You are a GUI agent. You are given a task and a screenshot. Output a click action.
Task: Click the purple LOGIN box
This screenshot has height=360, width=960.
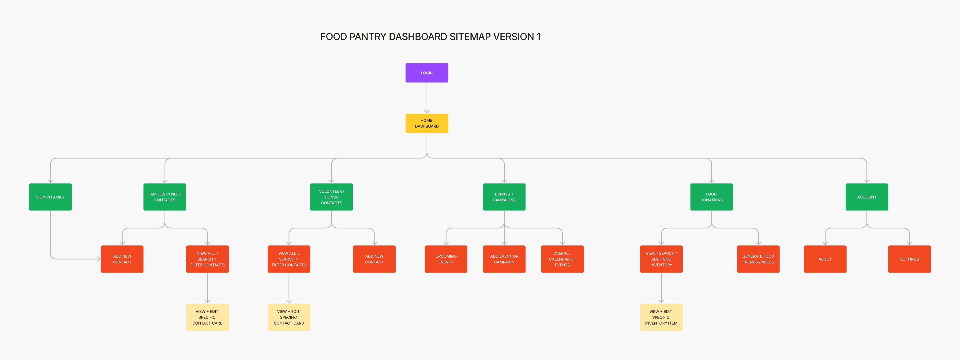pos(427,73)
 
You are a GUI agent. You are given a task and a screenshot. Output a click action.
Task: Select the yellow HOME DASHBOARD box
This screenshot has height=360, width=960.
pos(427,123)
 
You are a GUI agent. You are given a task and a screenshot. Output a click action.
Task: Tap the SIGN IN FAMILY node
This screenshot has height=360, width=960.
pos(50,197)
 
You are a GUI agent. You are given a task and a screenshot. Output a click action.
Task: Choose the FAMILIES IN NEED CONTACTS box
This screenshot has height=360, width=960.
pos(165,197)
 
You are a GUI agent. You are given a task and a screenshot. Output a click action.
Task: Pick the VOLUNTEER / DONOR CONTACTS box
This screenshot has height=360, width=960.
pos(332,197)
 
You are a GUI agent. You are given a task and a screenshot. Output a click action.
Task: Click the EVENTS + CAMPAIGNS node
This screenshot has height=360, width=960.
pos(504,197)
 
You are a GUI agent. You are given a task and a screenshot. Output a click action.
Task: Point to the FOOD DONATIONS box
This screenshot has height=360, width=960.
pos(711,197)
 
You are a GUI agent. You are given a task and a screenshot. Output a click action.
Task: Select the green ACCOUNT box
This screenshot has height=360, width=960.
pos(867,197)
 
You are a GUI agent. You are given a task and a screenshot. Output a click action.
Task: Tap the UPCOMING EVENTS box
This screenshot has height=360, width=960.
pos(446,259)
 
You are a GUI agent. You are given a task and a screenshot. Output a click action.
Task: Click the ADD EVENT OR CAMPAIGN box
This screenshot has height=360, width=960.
pos(504,259)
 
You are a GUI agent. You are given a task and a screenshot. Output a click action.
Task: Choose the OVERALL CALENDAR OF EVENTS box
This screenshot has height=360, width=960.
pos(562,259)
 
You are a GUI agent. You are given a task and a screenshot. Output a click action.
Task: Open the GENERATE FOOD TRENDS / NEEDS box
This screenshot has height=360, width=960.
pos(758,259)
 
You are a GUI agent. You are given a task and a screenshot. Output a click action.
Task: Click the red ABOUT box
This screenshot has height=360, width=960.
pos(825,259)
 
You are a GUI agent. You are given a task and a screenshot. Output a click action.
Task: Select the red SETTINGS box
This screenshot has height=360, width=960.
pos(909,259)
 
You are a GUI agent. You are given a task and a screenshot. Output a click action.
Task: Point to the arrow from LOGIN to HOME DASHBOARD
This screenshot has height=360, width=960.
pos(427,98)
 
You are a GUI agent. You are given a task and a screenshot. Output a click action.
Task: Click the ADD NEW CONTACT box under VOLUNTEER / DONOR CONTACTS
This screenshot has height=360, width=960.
pos(374,259)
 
